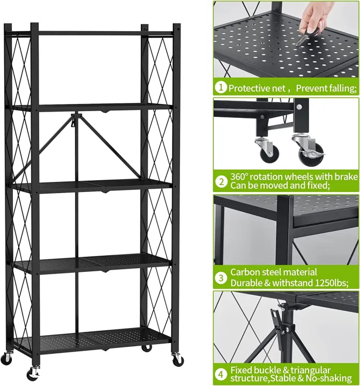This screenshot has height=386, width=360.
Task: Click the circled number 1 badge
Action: point(220,87)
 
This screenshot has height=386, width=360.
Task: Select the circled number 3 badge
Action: point(220,277)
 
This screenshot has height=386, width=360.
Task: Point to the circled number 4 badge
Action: point(220,375)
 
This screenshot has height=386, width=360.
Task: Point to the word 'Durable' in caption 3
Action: point(247,282)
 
